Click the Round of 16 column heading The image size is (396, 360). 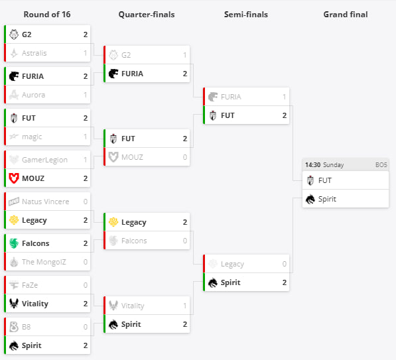click(x=47, y=15)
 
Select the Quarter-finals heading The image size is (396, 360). click(x=147, y=15)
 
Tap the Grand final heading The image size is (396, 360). click(x=346, y=15)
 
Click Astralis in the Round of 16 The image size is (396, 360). click(x=34, y=53)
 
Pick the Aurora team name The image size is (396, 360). click(x=34, y=95)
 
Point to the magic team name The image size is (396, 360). click(x=32, y=137)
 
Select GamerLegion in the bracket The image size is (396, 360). click(x=44, y=160)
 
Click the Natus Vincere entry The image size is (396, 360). click(x=46, y=202)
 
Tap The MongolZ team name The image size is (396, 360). click(x=44, y=262)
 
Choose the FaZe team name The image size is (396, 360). click(x=30, y=285)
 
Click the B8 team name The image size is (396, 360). click(x=27, y=327)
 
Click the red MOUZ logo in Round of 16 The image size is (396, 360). click(x=14, y=178)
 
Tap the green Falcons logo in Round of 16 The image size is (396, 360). click(x=14, y=243)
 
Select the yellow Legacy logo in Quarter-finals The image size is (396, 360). click(x=113, y=222)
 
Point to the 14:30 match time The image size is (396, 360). click(x=312, y=165)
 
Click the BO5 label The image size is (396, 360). click(x=381, y=165)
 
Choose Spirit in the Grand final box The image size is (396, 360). click(x=327, y=199)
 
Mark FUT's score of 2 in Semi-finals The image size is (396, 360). click(x=285, y=115)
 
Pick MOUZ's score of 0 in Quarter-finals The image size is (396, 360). click(x=185, y=157)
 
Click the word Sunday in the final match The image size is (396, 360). click(x=334, y=165)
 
